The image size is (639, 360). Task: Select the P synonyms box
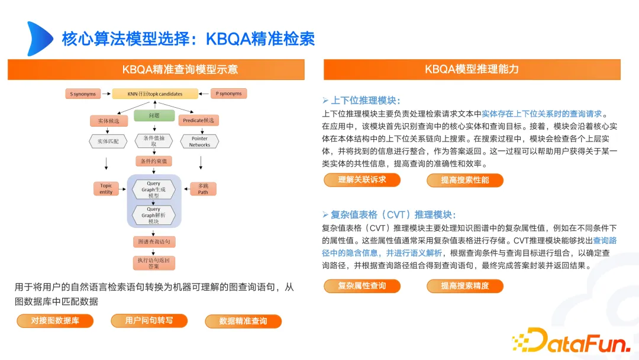coord(229,94)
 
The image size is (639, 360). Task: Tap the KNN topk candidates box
coord(155,94)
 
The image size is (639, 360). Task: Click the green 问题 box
coord(154,115)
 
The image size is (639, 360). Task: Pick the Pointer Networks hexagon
coord(199,142)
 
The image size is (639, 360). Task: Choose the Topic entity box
coord(106,188)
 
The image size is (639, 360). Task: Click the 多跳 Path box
coord(203,188)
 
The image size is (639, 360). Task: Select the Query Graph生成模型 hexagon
coord(153,189)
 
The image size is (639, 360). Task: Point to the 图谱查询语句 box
coord(154,242)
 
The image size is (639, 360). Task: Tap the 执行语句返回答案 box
coord(154,263)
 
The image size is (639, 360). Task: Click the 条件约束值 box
coord(154,161)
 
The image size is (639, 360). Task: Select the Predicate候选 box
coord(198,120)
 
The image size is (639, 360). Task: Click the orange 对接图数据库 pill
coord(54,321)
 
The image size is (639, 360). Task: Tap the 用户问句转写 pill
coord(149,321)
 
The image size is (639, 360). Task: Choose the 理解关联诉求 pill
coord(362,180)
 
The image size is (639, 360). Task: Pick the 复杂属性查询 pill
coord(362,286)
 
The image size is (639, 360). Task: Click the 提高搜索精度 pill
coord(465,286)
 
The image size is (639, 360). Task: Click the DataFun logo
coord(570,340)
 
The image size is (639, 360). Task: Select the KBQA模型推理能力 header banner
coord(472,69)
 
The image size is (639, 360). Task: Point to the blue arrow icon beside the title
coord(39,38)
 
